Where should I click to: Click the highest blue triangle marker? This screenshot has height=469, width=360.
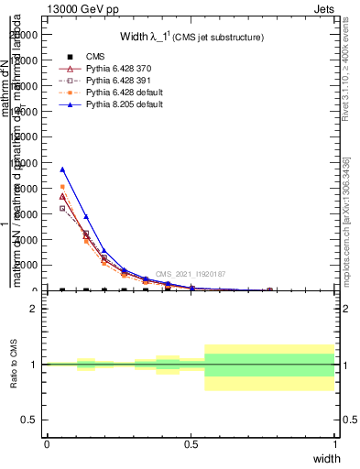point(62,169)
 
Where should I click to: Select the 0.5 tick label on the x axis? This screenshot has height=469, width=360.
point(191,444)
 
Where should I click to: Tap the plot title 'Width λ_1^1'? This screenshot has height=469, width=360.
point(192,37)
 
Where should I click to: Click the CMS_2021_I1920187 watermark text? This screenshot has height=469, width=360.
point(190,274)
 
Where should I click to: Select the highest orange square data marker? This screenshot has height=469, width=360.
point(62,187)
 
